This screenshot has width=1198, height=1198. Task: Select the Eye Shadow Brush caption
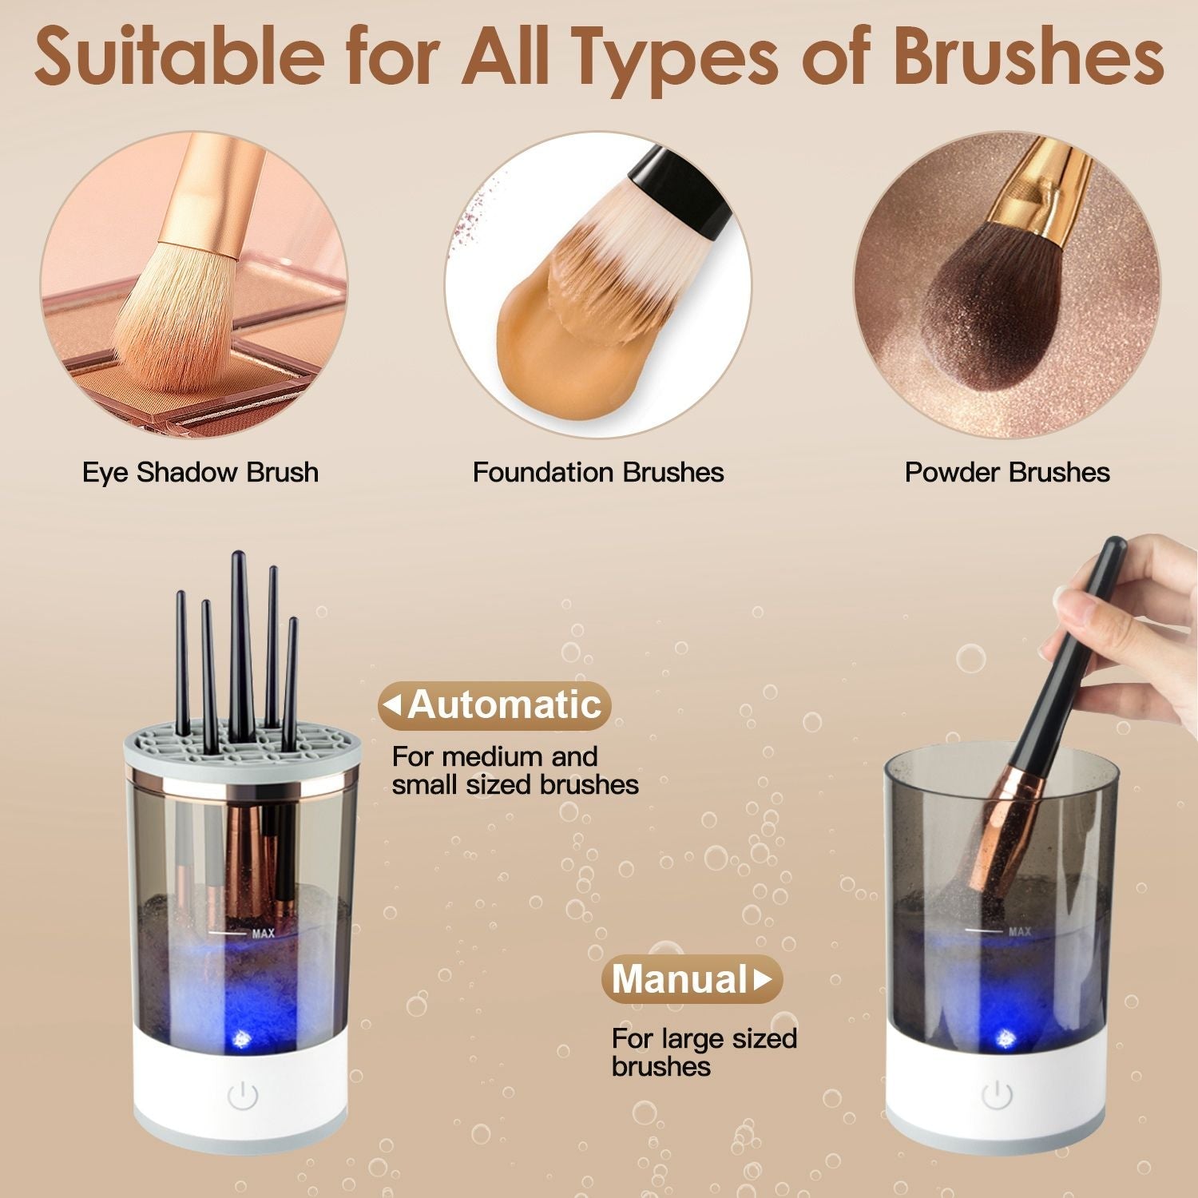click(x=200, y=472)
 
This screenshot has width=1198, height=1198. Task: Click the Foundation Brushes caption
click(x=598, y=472)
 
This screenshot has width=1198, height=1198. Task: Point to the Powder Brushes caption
click(x=1006, y=472)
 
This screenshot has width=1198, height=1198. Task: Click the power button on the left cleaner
click(x=243, y=1097)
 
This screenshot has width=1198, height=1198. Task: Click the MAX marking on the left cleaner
click(x=263, y=933)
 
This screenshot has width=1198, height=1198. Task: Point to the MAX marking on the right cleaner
click(x=1019, y=931)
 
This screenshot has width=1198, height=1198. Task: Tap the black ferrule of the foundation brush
click(x=679, y=192)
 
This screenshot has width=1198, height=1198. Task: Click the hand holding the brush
click(x=1134, y=623)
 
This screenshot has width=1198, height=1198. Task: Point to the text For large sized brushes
click(x=703, y=1052)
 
